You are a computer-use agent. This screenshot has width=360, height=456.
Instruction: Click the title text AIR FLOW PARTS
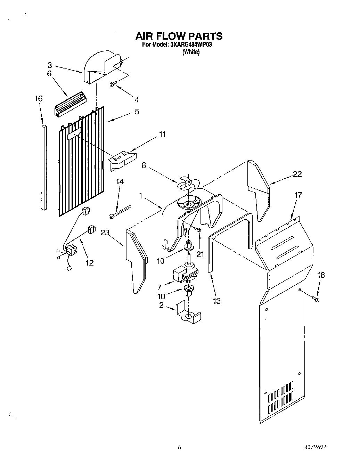179,36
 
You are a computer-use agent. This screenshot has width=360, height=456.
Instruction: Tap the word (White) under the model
191,52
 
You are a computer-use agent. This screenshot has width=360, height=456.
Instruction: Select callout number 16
39,99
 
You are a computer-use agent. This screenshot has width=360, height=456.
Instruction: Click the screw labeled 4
114,84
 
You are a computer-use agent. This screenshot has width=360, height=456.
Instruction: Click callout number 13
216,301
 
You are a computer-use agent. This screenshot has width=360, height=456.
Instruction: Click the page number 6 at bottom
179,447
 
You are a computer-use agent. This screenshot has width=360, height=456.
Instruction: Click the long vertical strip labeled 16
44,167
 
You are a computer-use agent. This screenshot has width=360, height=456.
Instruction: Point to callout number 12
90,262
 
